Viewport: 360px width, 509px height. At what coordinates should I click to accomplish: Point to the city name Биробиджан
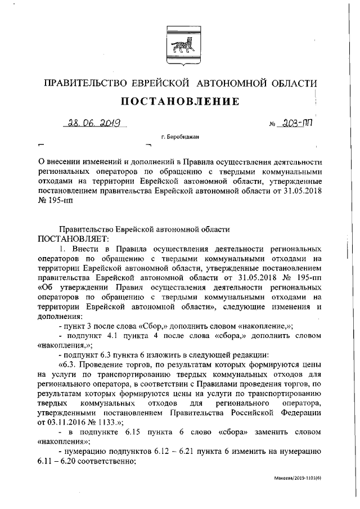[180, 137]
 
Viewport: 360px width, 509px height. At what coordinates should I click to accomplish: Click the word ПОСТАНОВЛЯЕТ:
[70, 238]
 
